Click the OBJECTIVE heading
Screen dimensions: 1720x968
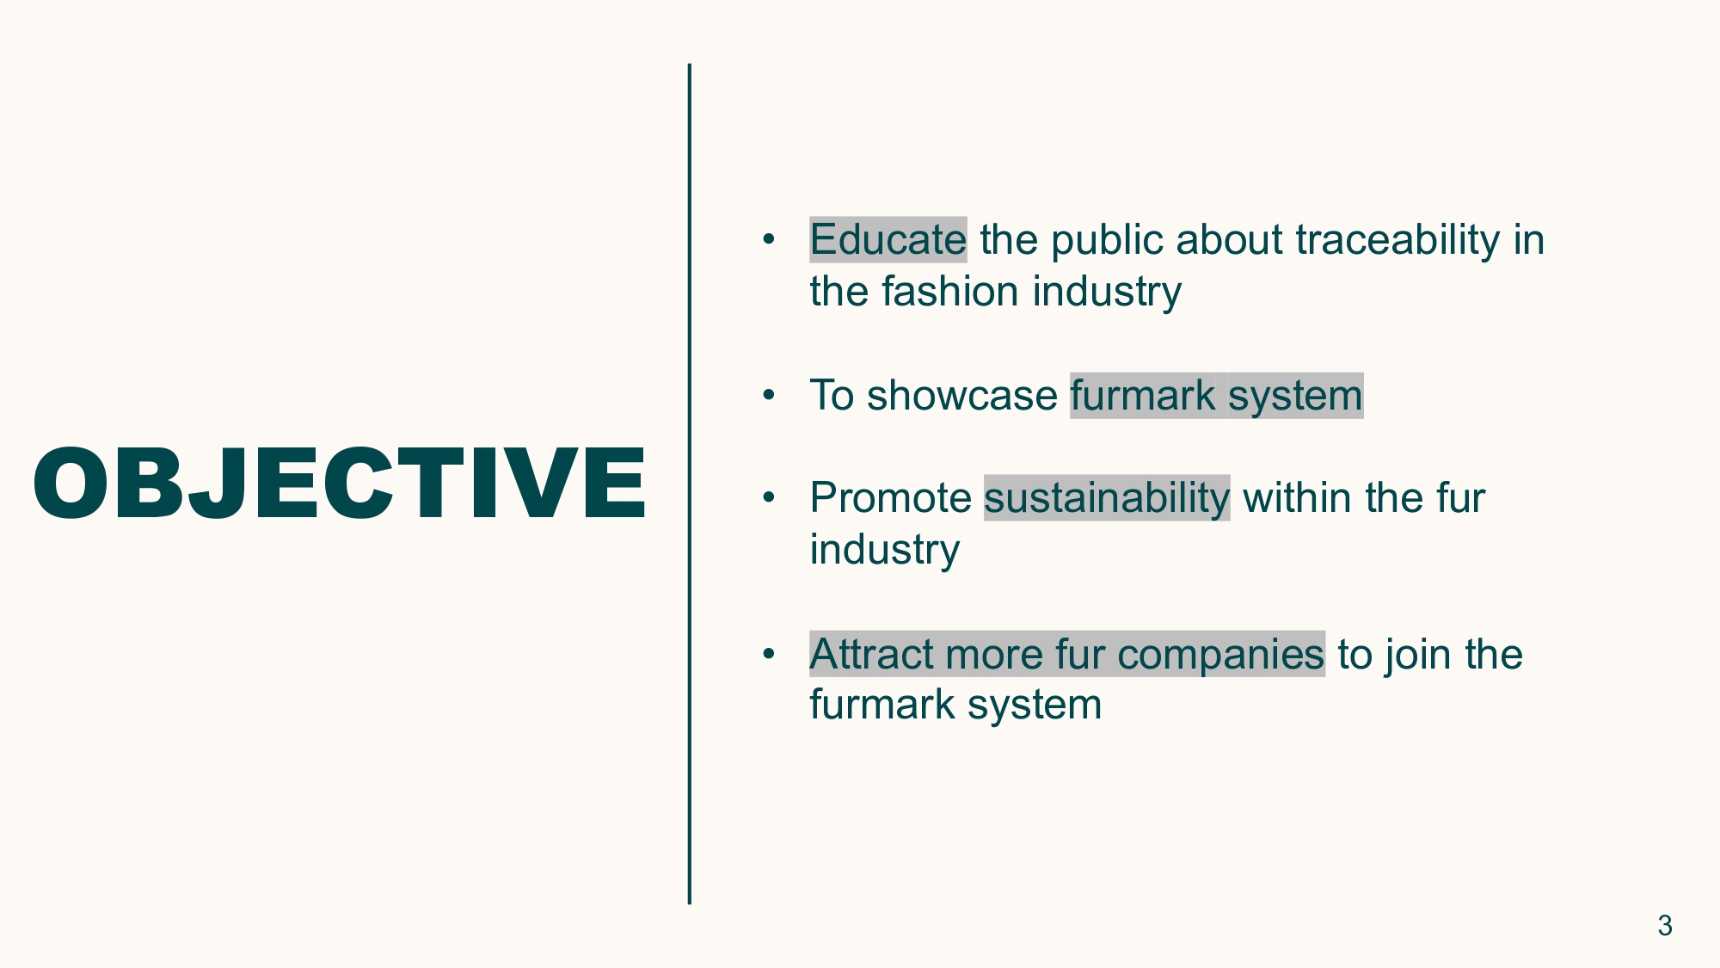point(340,484)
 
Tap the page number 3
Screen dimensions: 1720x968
point(1665,926)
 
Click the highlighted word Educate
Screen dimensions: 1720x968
point(888,239)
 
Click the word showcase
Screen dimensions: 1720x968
point(961,396)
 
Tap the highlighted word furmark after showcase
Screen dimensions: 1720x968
point(1143,396)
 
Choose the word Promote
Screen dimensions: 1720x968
point(891,498)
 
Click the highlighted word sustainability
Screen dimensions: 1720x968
point(1107,499)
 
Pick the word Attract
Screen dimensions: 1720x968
point(870,654)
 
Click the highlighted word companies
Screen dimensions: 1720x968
point(1220,656)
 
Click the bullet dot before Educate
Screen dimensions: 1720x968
point(769,239)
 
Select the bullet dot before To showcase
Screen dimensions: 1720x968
point(769,396)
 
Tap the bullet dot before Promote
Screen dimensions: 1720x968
point(769,498)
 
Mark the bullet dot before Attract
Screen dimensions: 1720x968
point(769,654)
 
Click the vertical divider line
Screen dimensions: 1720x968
point(689,484)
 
